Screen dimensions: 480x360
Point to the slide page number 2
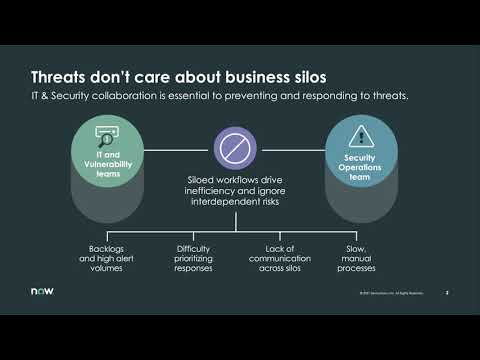click(x=447, y=293)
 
